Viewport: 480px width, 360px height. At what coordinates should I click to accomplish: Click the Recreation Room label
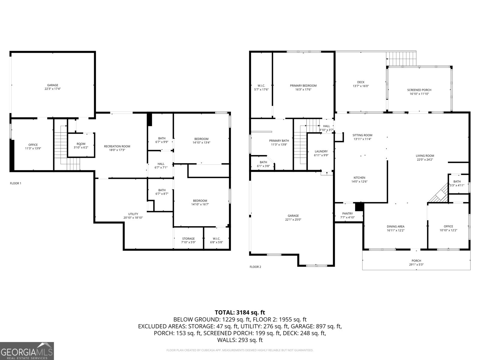pyautogui.click(x=117, y=146)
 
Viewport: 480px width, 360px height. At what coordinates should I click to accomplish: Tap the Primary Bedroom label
pyautogui.click(x=303, y=85)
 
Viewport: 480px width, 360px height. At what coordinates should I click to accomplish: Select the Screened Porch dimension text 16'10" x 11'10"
pyautogui.click(x=419, y=94)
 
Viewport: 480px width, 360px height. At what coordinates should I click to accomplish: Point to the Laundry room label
pyautogui.click(x=321, y=151)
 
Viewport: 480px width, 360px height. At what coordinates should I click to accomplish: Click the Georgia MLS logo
pyautogui.click(x=27, y=351)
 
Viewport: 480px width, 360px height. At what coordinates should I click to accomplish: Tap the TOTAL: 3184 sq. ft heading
pyautogui.click(x=240, y=312)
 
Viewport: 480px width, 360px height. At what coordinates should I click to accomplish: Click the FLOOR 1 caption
pyautogui.click(x=16, y=183)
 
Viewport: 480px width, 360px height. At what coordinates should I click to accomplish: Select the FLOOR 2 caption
pyautogui.click(x=255, y=267)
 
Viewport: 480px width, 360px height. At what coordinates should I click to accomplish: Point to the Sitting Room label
pyautogui.click(x=362, y=135)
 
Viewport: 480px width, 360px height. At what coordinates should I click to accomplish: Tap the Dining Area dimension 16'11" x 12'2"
pyautogui.click(x=395, y=230)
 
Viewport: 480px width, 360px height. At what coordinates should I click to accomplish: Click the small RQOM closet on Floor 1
pyautogui.click(x=81, y=145)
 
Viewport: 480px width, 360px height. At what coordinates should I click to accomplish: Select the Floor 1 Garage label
pyautogui.click(x=52, y=85)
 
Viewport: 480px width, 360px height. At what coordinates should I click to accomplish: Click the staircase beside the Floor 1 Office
pyautogui.click(x=61, y=144)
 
